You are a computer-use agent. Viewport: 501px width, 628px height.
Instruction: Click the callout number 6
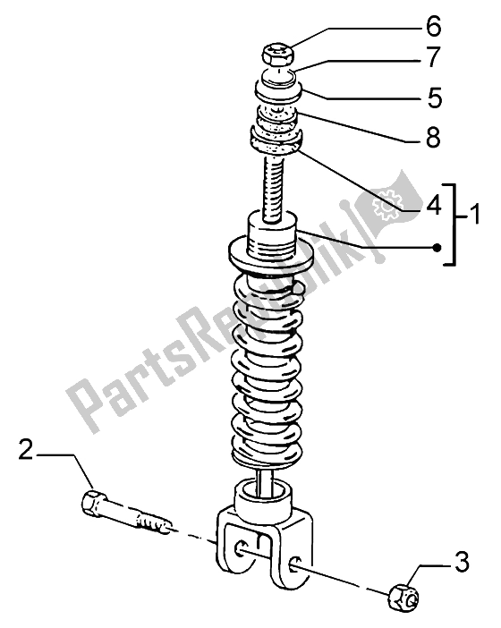(432, 27)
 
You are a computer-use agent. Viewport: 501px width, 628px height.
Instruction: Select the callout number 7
(432, 57)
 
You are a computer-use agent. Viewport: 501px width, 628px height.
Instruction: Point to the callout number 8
(432, 137)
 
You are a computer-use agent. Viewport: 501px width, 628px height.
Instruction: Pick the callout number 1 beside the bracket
(474, 214)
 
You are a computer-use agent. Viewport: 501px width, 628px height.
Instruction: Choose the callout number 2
(26, 449)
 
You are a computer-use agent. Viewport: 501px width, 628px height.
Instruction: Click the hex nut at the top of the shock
(277, 55)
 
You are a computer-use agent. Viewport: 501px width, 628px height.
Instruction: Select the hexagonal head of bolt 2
(93, 502)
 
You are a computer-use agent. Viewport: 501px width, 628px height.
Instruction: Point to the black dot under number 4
(437, 248)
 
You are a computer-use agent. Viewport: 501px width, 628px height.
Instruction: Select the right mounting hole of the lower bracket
(294, 563)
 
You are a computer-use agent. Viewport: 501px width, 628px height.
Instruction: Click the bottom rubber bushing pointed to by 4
(276, 139)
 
